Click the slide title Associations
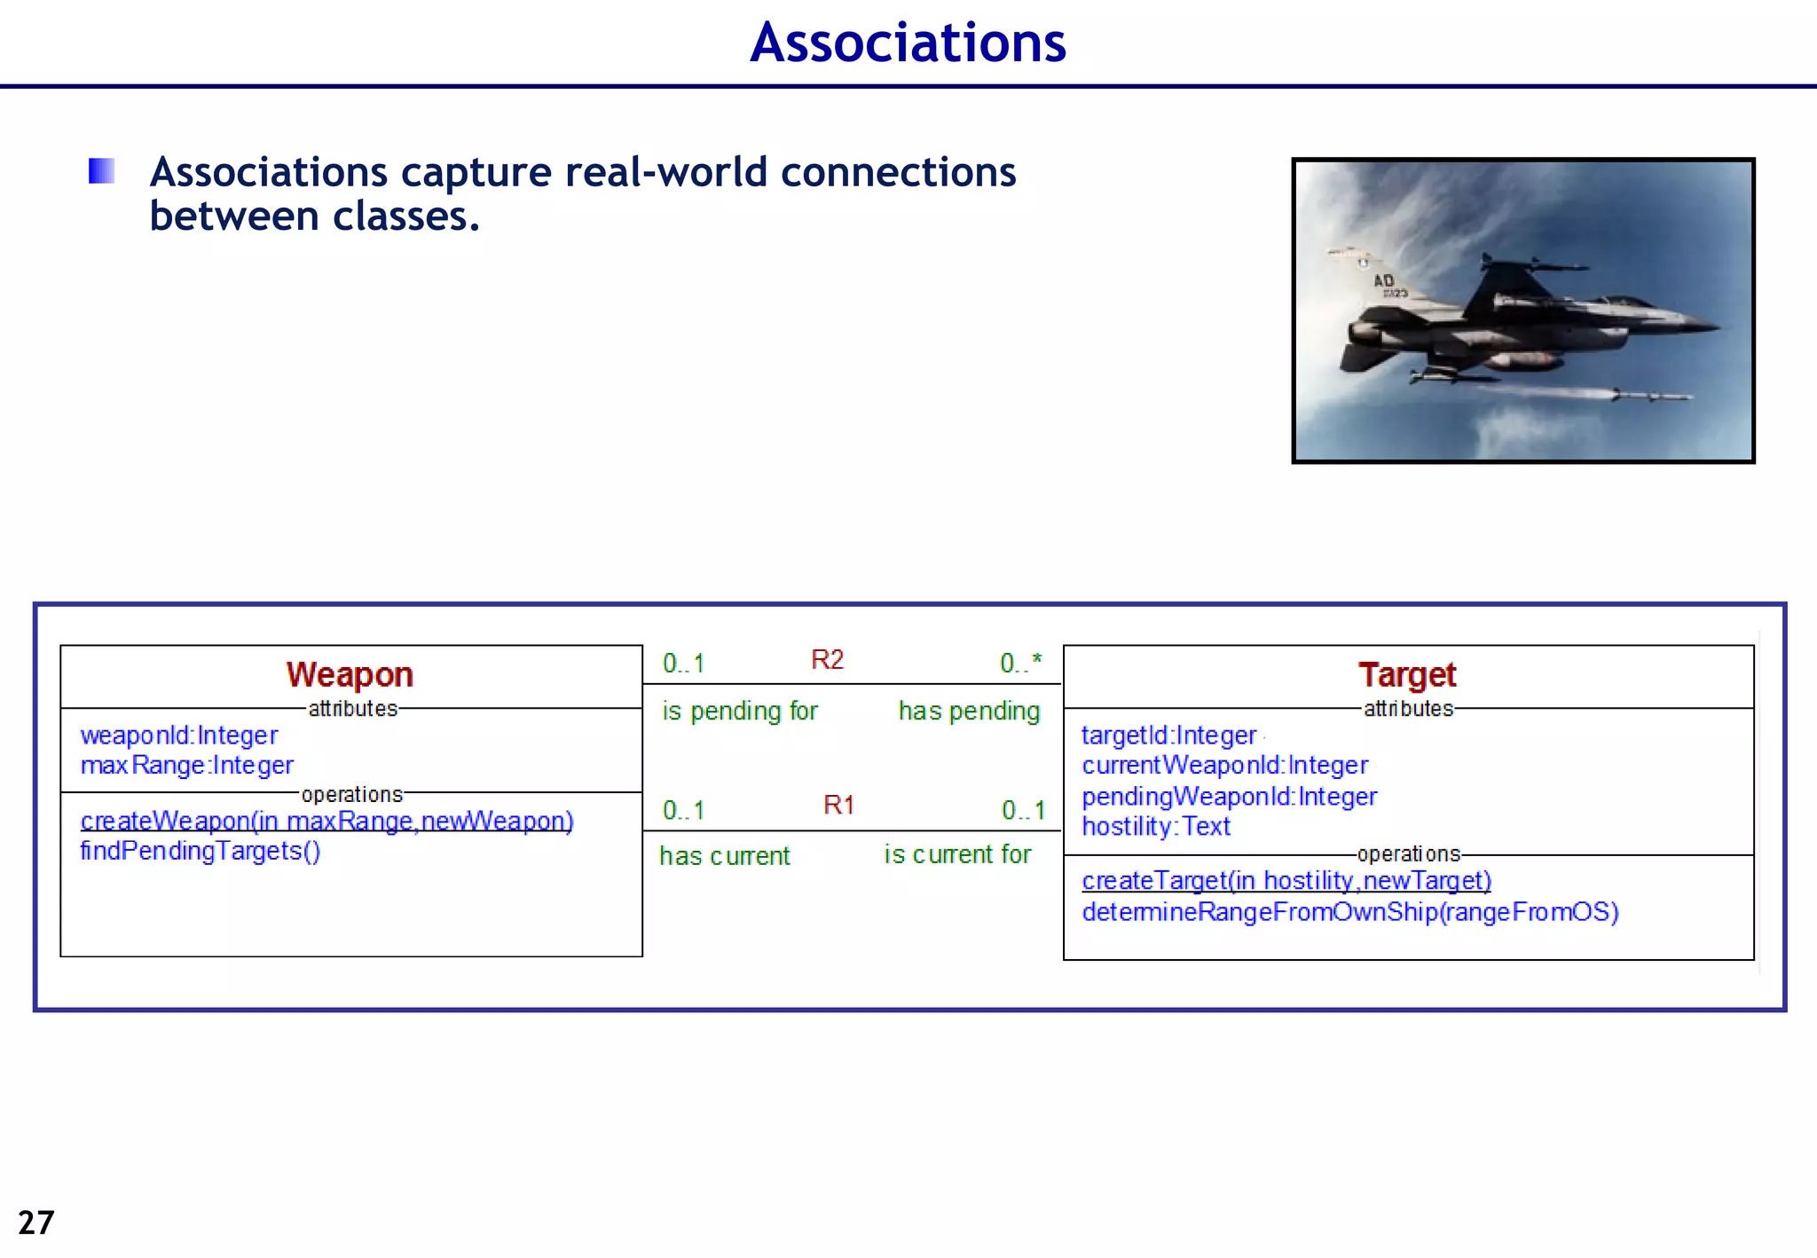coord(908,43)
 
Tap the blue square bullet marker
coord(102,170)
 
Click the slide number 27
coord(36,1223)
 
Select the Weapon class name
coord(350,675)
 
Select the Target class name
coord(1407,675)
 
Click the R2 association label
coord(827,660)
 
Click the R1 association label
coord(838,806)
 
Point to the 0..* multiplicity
coord(1020,663)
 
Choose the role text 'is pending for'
coord(739,712)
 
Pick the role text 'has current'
coord(724,856)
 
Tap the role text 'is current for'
coord(957,854)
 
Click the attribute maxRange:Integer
coord(187,766)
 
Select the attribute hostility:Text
coord(1156,827)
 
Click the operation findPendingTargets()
coord(201,852)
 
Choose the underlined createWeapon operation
coord(326,822)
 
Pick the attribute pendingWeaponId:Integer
coord(1229,797)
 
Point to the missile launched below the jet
coord(1597,393)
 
